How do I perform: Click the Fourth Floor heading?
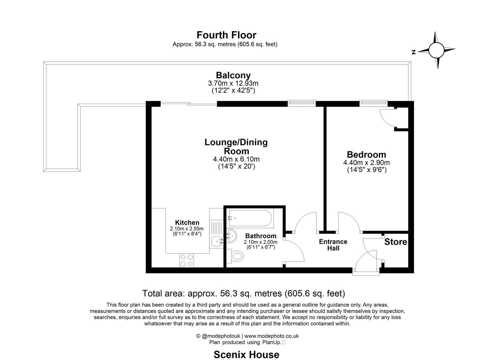pyautogui.click(x=226, y=35)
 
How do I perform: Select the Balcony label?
pyautogui.click(x=233, y=75)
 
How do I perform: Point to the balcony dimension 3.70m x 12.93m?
pyautogui.click(x=233, y=83)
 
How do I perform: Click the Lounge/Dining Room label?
pyautogui.click(x=236, y=147)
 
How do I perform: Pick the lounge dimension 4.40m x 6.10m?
pyautogui.click(x=236, y=159)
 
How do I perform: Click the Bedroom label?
pyautogui.click(x=366, y=155)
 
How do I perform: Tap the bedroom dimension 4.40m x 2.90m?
pyautogui.click(x=366, y=163)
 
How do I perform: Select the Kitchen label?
pyautogui.click(x=187, y=223)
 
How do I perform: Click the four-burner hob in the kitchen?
pyautogui.click(x=187, y=260)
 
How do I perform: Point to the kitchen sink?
pyautogui.click(x=217, y=240)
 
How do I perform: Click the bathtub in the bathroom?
pyautogui.click(x=251, y=218)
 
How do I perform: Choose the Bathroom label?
pyautogui.click(x=261, y=236)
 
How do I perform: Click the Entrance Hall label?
pyautogui.click(x=333, y=245)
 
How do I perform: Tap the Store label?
pyautogui.click(x=395, y=242)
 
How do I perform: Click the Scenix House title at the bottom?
pyautogui.click(x=246, y=354)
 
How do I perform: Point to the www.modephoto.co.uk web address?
pyautogui.click(x=271, y=336)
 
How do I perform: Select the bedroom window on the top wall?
pyautogui.click(x=373, y=103)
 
